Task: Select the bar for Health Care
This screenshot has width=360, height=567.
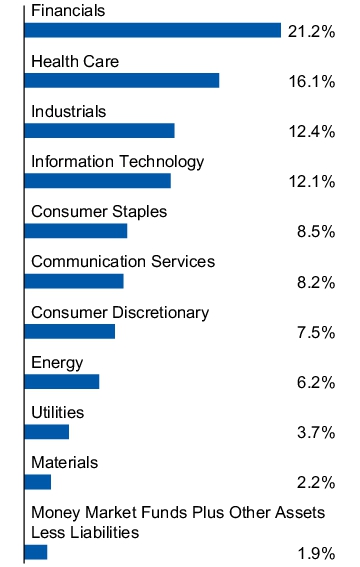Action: click(121, 80)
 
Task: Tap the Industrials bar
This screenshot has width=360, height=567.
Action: click(99, 130)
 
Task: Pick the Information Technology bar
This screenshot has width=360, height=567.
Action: click(97, 181)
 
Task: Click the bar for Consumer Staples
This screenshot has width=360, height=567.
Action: click(75, 231)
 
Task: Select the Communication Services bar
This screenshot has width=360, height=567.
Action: click(73, 281)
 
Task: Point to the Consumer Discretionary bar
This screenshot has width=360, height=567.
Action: click(69, 331)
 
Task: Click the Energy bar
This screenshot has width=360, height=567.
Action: click(61, 381)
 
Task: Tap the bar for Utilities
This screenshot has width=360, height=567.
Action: click(46, 431)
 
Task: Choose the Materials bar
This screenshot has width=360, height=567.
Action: click(37, 482)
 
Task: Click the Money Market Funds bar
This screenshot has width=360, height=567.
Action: click(35, 551)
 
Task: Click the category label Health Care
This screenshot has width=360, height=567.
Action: click(75, 61)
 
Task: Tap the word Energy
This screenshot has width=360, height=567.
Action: click(57, 362)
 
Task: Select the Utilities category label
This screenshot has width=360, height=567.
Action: click(58, 412)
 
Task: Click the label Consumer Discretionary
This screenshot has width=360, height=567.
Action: click(120, 312)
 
